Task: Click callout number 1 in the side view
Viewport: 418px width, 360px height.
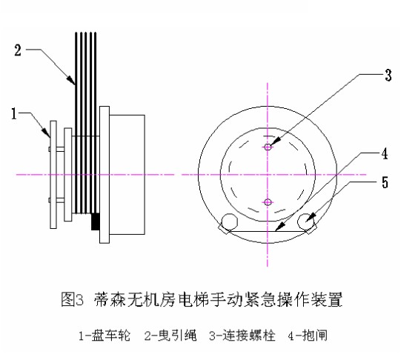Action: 14,114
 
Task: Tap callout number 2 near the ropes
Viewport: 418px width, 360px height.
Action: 18,50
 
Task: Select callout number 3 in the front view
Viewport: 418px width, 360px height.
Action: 388,75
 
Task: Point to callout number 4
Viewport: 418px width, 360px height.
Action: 385,154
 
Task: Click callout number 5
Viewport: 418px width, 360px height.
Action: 385,182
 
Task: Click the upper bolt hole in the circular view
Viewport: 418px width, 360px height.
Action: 268,147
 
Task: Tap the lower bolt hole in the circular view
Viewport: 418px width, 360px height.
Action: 268,202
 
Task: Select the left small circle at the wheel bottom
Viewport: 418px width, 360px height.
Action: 230,221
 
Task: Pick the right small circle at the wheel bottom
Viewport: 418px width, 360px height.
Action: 305,221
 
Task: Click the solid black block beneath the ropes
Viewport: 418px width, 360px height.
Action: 96,221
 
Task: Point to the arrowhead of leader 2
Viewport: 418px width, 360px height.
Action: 71,81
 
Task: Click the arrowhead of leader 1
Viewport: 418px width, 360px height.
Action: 47,133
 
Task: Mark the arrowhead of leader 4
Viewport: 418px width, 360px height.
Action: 279,227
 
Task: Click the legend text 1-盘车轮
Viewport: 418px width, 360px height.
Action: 104,336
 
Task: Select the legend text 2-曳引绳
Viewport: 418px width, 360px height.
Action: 170,336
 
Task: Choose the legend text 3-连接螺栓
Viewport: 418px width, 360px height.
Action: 242,336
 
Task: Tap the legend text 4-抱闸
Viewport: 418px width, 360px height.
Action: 308,336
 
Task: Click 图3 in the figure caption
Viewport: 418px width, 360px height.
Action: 72,299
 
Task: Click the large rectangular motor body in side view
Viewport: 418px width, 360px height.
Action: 127,175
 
